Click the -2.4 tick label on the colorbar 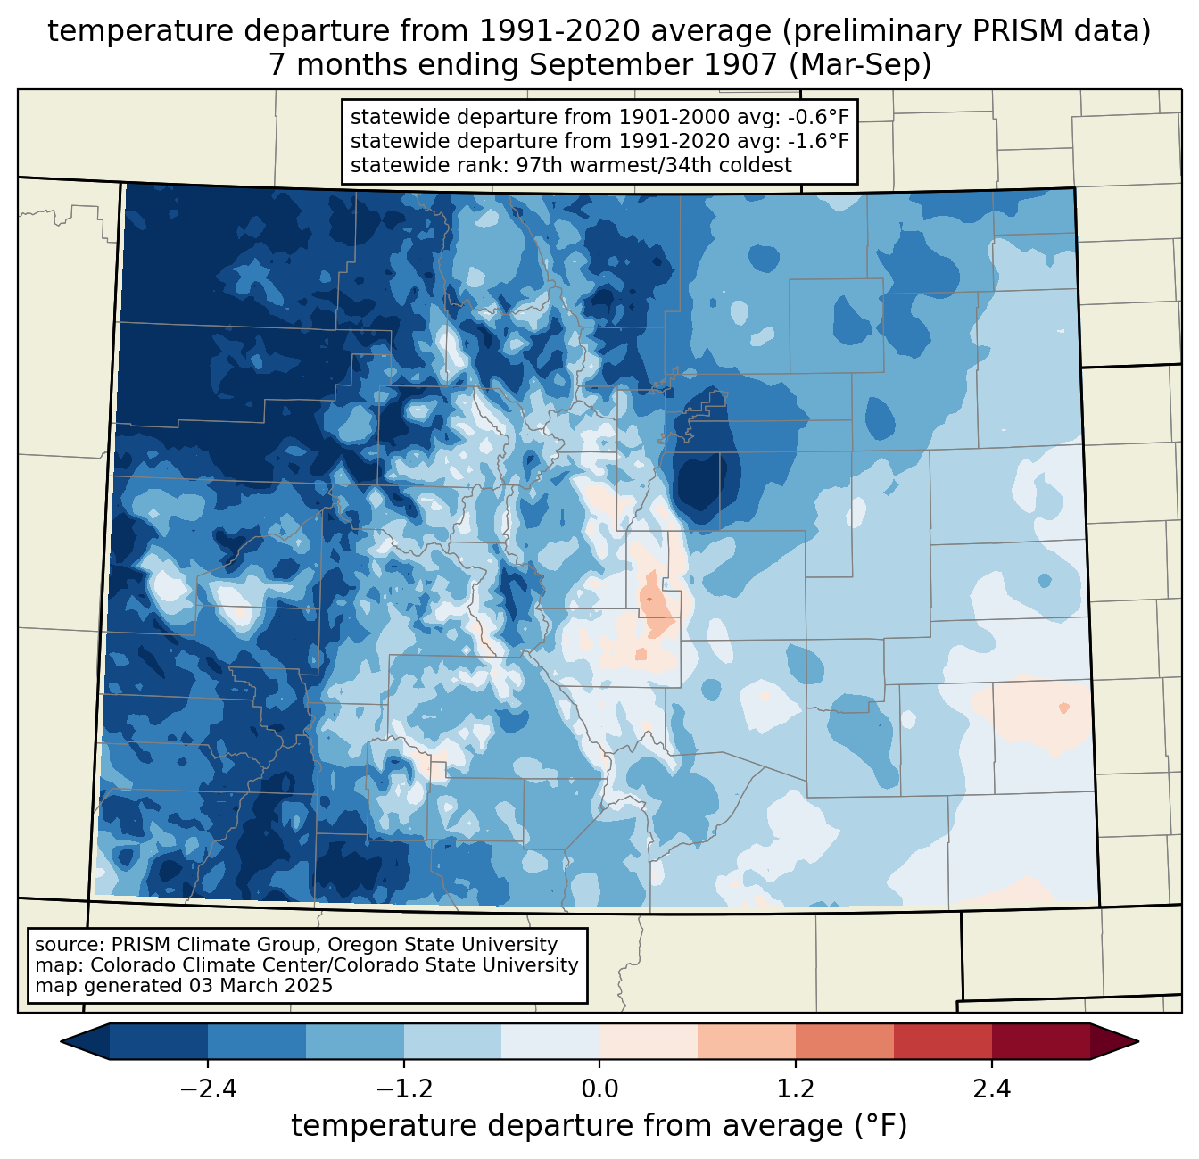(208, 1089)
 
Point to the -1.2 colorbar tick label (403, 1089)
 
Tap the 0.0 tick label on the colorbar (599, 1089)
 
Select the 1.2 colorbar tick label (796, 1089)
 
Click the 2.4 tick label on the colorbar (991, 1089)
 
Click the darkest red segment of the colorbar (1040, 1041)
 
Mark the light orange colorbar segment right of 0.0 (649, 1041)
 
